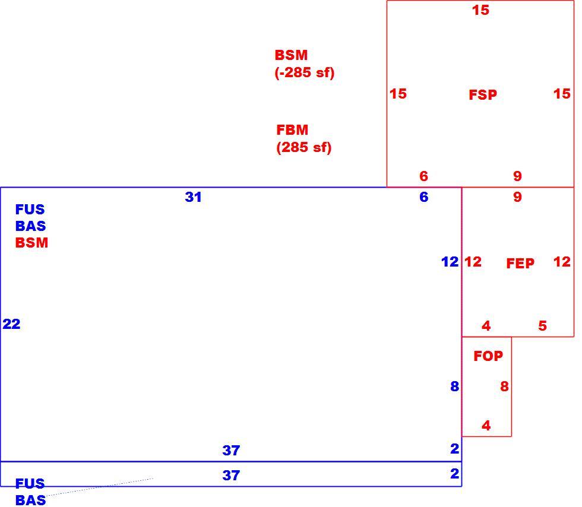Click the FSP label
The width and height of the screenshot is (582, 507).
(482, 94)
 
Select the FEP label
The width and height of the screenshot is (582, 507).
(520, 263)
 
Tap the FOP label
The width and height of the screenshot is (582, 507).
(488, 356)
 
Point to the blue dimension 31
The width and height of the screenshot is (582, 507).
(193, 197)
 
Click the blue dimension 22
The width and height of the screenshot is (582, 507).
(11, 324)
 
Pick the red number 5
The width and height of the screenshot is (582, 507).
(542, 326)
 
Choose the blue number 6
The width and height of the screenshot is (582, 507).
(424, 197)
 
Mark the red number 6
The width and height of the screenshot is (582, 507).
(424, 176)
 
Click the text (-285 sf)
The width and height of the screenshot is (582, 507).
(304, 72)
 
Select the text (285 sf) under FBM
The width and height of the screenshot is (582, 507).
(303, 147)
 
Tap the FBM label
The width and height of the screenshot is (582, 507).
(292, 130)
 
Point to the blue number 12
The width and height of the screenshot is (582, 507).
(450, 262)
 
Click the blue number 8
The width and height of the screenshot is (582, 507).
(455, 386)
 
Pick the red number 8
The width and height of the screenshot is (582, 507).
(504, 386)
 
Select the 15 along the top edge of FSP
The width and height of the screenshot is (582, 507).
(480, 10)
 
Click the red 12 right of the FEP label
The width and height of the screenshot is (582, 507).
(562, 262)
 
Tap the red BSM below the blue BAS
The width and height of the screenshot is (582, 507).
(31, 243)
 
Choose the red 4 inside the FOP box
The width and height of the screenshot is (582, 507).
(486, 425)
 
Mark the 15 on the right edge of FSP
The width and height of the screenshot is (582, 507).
(562, 94)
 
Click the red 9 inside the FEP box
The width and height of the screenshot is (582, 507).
(517, 197)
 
